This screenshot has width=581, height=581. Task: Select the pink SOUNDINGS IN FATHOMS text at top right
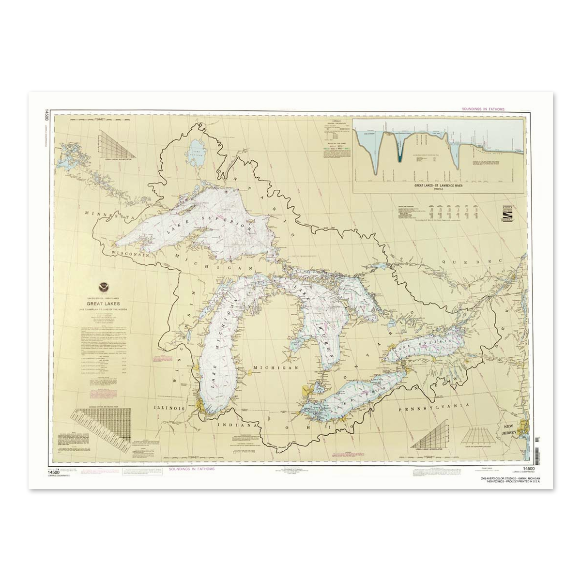point(483,109)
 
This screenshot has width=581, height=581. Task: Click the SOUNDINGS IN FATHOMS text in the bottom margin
point(192,469)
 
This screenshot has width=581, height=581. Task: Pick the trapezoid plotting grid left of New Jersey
point(478,437)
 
